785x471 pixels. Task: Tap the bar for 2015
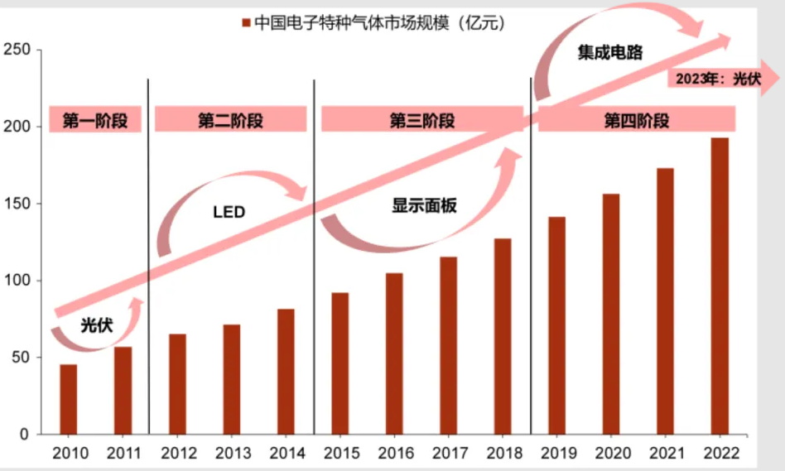point(340,363)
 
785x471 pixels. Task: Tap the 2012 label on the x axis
point(177,454)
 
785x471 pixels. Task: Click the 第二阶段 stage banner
point(230,120)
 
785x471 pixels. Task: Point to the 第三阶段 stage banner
point(421,120)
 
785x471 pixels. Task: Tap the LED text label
point(229,213)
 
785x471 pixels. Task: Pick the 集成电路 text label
point(609,52)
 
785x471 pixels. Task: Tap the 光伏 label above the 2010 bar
point(96,325)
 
